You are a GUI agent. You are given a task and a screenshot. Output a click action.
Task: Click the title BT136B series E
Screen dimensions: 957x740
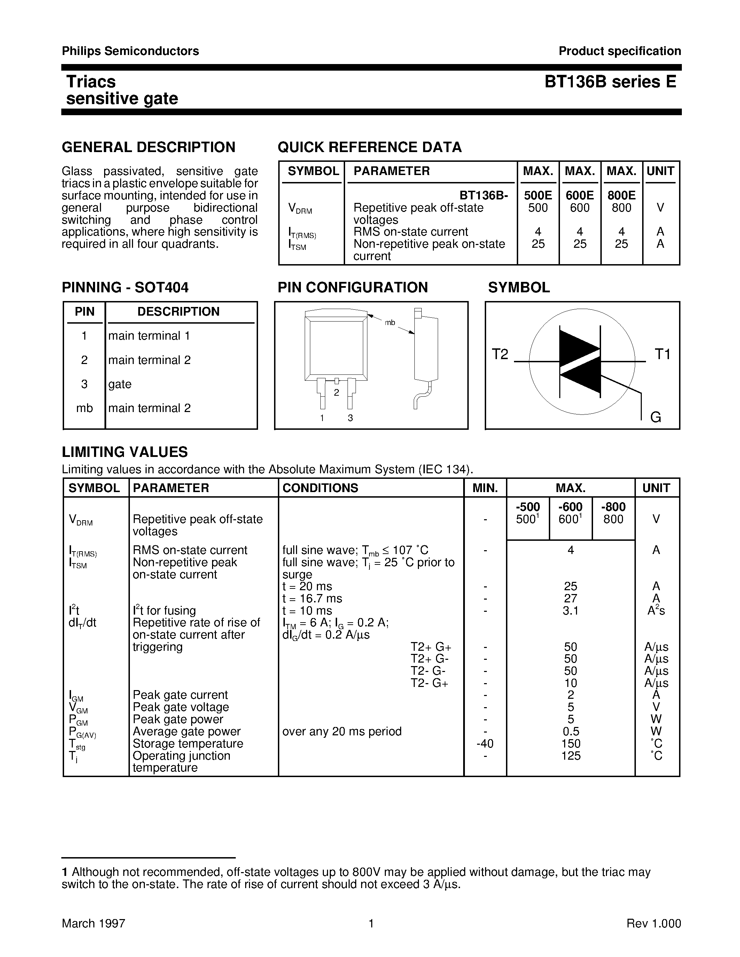coord(610,82)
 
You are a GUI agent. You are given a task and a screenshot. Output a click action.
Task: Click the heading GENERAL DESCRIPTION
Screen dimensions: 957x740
coord(148,147)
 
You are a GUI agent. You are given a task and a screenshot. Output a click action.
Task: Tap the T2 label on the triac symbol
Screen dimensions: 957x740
coord(500,354)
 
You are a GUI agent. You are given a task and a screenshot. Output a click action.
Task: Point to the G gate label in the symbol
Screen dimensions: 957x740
coord(655,417)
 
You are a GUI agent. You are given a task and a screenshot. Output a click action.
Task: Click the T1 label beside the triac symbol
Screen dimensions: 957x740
coord(662,354)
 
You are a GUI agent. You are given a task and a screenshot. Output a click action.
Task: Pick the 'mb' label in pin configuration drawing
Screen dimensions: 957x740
coord(390,323)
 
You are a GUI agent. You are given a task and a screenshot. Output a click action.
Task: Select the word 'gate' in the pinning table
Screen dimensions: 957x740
coord(120,384)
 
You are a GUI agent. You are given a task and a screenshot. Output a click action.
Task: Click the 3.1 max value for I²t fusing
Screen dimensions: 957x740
coord(570,611)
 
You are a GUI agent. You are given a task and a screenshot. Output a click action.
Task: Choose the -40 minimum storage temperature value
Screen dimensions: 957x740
coord(484,744)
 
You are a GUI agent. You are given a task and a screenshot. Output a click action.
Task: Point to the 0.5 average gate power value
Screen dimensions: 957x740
coord(570,731)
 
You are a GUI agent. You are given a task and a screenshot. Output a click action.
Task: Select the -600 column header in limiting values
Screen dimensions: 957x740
coord(570,507)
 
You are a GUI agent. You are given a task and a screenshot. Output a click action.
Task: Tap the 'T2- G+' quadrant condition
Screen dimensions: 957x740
coord(429,683)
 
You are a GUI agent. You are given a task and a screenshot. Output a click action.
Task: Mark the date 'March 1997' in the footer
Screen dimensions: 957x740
coord(93,924)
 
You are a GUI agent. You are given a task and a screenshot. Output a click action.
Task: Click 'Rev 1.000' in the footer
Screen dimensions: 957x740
coord(654,924)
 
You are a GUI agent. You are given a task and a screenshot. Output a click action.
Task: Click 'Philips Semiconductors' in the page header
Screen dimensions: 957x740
coord(130,51)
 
